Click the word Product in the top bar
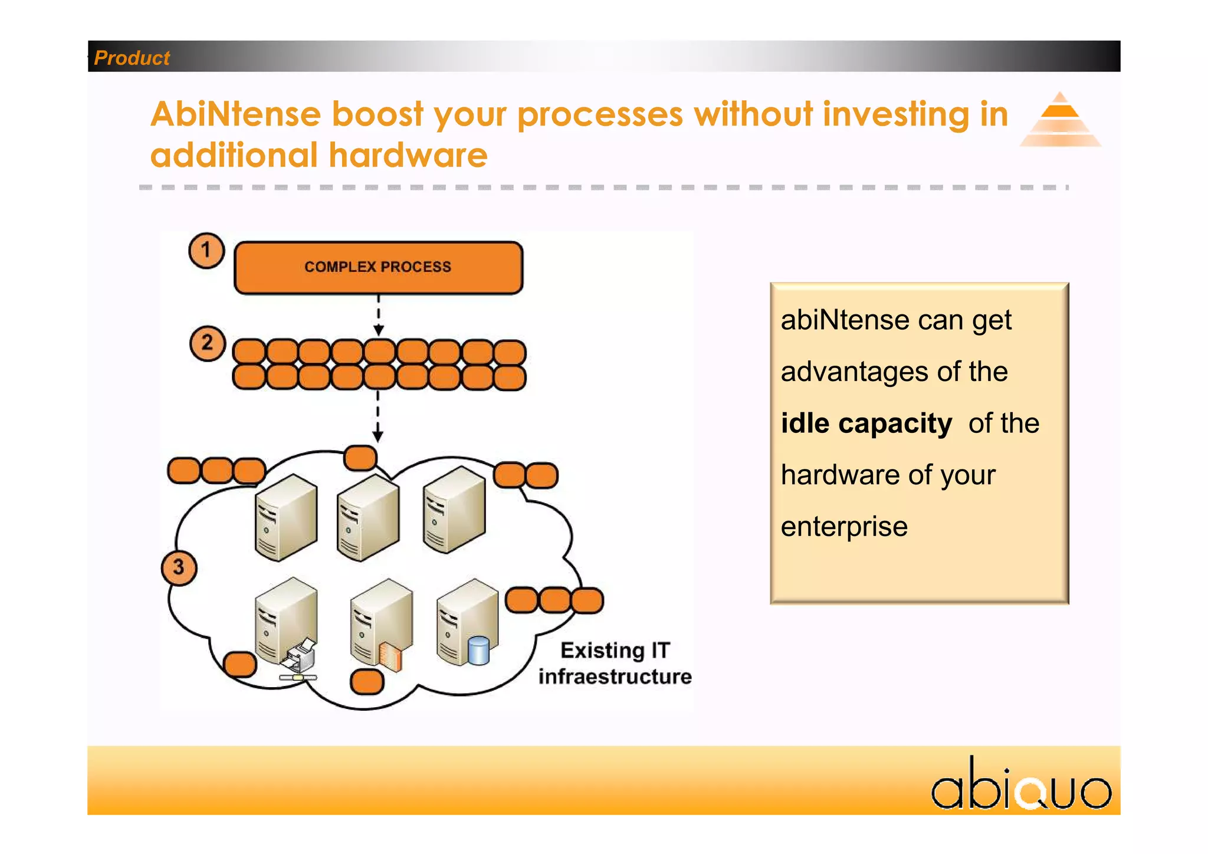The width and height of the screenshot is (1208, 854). pos(132,58)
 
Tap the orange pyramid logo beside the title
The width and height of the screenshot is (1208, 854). pos(1060,120)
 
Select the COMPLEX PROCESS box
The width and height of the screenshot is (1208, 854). pos(378,267)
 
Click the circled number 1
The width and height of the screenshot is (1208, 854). pos(206,251)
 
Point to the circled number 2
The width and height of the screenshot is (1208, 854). pos(207,343)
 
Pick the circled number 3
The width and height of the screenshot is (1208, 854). pos(179,568)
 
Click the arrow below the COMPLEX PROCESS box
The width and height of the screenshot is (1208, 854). pos(379,316)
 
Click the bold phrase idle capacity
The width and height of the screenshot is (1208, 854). pos(866,423)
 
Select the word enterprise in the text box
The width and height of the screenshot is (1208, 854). pos(844,527)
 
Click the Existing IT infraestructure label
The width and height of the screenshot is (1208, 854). pos(615,664)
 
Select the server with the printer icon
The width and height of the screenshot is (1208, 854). pos(287,625)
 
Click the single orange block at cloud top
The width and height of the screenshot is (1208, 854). pos(360,458)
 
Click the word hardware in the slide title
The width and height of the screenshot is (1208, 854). pos(408,155)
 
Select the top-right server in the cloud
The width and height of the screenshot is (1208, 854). pos(454,509)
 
